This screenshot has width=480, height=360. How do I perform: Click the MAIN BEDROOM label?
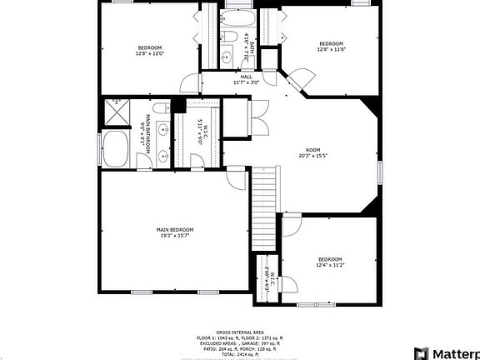click(175, 229)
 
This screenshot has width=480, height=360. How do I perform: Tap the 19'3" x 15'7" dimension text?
click(175, 235)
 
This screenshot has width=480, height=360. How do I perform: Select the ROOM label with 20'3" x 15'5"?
click(312, 150)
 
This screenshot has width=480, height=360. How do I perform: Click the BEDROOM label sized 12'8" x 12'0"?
click(149, 47)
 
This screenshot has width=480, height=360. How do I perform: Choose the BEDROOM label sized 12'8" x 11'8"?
click(331, 43)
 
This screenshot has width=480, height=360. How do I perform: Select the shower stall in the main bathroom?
click(112, 112)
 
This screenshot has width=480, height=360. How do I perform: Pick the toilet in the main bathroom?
click(178, 106)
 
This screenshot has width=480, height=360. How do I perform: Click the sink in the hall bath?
click(227, 57)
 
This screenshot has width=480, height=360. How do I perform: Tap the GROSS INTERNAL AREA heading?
click(240, 331)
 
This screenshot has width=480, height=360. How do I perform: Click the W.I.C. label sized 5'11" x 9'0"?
click(202, 132)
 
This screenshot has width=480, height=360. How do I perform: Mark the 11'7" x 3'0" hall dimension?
click(247, 82)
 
